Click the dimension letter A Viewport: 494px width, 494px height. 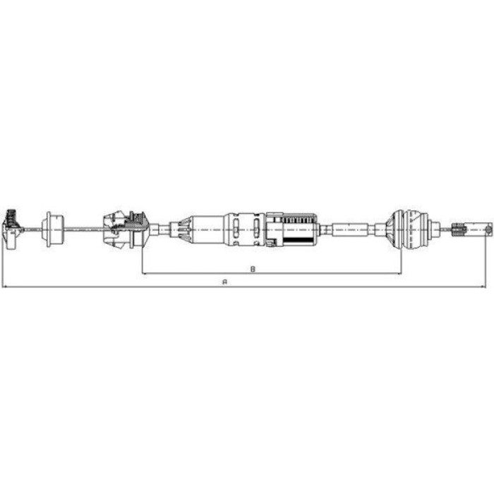click(x=224, y=282)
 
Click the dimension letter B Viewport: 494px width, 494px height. click(x=253, y=269)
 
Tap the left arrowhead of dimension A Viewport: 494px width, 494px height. click(x=4, y=287)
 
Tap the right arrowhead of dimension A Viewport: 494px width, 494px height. click(x=483, y=287)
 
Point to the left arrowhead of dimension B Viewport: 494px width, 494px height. click(x=145, y=274)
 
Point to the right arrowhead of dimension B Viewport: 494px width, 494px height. click(x=399, y=274)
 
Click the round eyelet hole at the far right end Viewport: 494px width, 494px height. click(x=488, y=229)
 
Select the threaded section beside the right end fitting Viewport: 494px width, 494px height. click(x=457, y=229)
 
